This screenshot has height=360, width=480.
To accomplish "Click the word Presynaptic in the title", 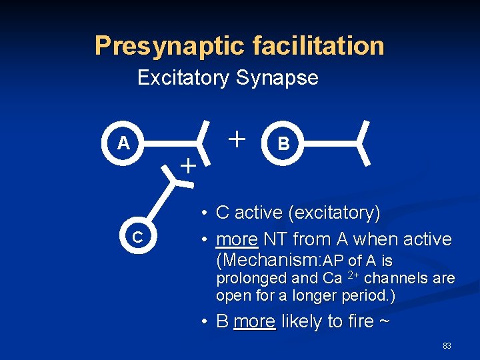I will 171,46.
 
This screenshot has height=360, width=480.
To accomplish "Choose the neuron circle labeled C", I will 137,237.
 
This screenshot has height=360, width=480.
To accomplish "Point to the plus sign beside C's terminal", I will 189,165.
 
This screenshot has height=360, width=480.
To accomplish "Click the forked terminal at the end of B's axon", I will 364,143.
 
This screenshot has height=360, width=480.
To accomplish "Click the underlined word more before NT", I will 237,239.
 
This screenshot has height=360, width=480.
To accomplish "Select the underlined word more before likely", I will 254,321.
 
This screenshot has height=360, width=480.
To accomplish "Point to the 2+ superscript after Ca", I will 355,274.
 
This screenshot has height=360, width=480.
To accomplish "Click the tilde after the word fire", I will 386,321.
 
